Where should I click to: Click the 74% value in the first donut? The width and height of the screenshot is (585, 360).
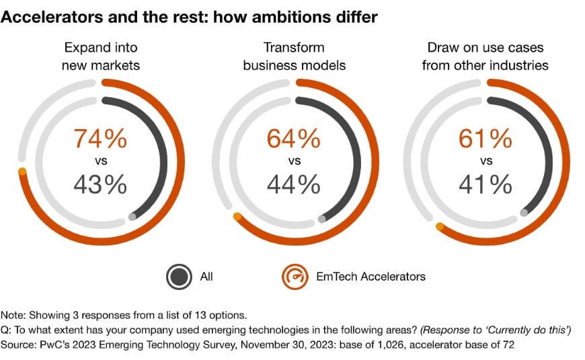(x=100, y=139)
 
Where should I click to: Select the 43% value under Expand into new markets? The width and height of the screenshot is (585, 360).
(x=100, y=184)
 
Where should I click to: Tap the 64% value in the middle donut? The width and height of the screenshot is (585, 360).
(x=293, y=139)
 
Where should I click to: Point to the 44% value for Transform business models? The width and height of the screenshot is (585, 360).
(x=293, y=184)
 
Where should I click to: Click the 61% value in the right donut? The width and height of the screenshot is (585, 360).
(x=485, y=139)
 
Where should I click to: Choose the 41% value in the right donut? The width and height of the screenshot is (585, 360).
(x=485, y=184)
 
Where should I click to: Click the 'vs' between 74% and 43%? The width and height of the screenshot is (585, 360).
(x=100, y=161)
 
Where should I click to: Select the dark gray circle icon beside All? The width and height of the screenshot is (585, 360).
(x=179, y=276)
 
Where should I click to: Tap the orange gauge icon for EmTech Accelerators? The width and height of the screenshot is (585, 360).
(x=294, y=276)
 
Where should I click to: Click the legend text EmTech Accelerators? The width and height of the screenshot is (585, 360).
(x=370, y=276)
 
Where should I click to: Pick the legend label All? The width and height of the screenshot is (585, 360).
(x=206, y=276)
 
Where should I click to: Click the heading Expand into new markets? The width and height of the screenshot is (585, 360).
(x=100, y=57)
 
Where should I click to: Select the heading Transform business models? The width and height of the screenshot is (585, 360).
(x=293, y=57)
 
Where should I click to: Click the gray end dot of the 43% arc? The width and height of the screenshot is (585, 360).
(x=132, y=216)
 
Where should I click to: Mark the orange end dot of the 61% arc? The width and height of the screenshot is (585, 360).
(x=440, y=227)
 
